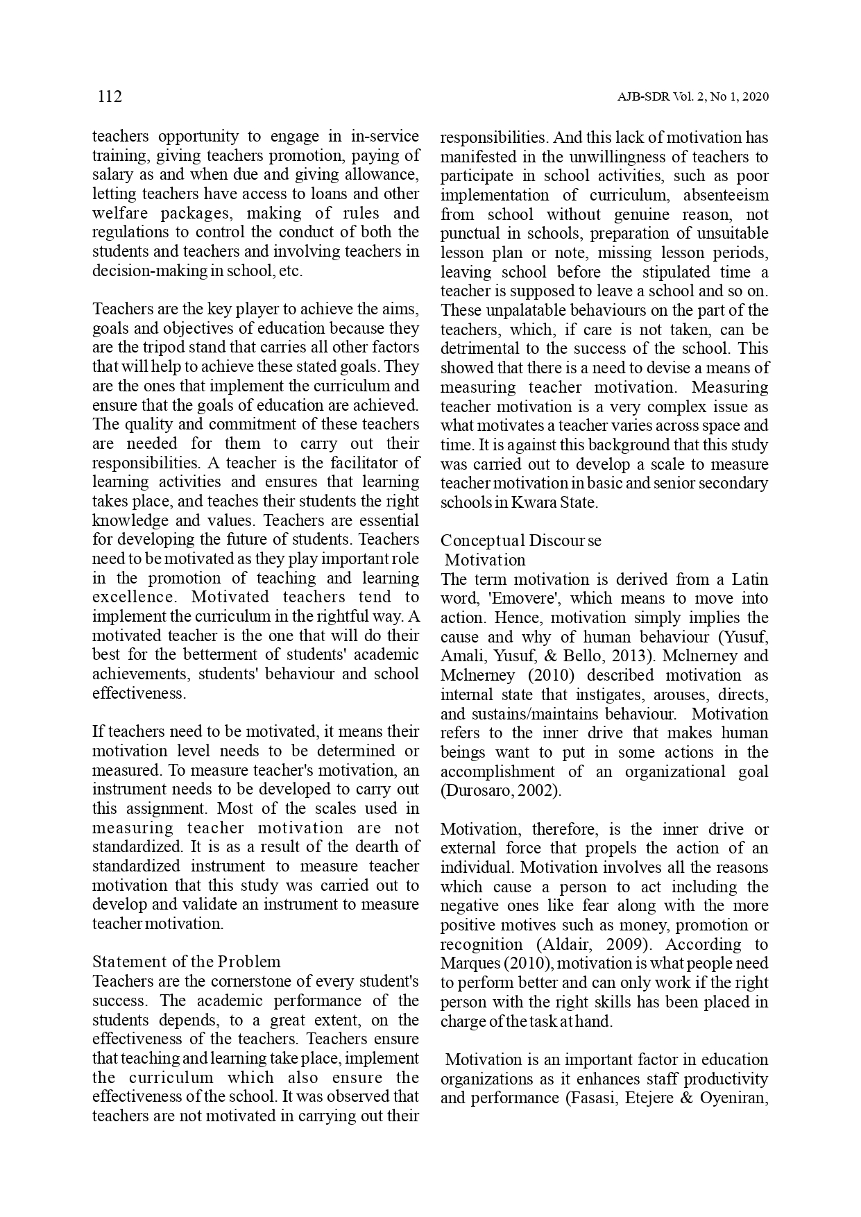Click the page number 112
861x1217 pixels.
pos(110,96)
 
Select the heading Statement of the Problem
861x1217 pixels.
pos(187,962)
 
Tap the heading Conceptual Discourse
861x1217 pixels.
pos(521,541)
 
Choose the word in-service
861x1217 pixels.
pos(385,137)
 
